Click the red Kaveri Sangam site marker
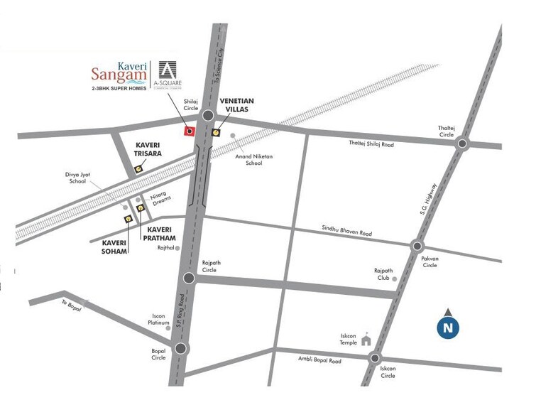coord(189,131)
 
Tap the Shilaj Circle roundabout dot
coord(207,116)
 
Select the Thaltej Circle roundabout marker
coord(462,144)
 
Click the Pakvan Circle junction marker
coord(417,246)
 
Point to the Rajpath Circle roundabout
coord(189,278)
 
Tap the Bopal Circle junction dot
coord(181,348)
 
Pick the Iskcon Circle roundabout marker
coord(375,358)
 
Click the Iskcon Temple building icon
coord(366,340)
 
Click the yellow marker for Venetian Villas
coord(216,131)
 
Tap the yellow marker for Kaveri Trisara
coord(137,169)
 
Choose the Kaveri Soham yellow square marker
coord(128,219)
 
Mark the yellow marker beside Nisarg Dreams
coord(141,207)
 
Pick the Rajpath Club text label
coord(383,274)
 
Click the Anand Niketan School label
coord(255,159)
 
